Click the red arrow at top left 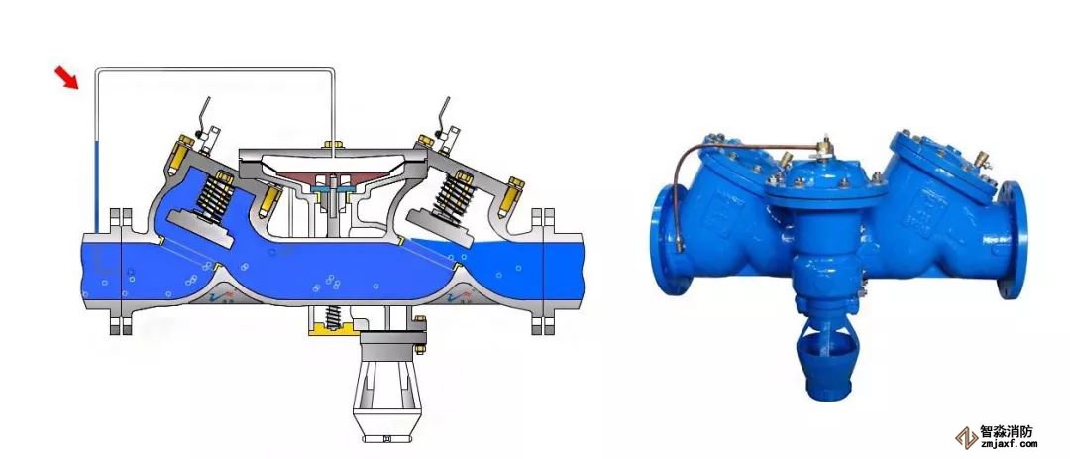click(x=67, y=78)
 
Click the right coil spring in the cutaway click(x=452, y=192)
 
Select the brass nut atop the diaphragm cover click(x=333, y=144)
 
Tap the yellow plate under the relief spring click(x=334, y=330)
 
